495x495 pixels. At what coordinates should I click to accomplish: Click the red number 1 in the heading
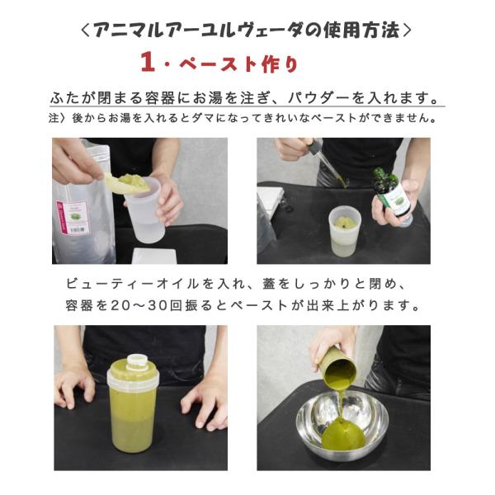coord(148,62)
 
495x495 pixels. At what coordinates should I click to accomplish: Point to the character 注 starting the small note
coord(54,118)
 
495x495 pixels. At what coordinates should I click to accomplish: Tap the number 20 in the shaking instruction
coord(118,305)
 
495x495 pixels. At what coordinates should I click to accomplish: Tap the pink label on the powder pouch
coord(73,218)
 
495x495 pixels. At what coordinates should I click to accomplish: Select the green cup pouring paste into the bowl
coord(338,367)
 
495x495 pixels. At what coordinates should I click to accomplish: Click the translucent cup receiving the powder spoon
coord(146,210)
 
